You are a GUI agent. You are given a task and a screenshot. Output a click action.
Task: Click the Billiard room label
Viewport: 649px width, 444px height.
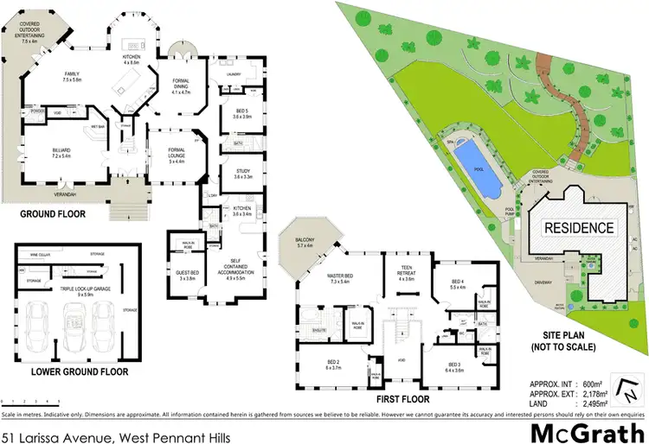point(65,152)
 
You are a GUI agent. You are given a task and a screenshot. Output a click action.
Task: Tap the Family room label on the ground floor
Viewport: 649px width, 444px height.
point(71,78)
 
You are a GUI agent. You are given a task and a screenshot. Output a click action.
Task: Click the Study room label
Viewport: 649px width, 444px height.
point(242,174)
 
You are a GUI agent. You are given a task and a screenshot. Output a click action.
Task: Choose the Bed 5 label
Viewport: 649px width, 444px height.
point(242,113)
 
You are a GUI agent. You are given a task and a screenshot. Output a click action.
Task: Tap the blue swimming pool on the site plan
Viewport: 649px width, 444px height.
point(477,168)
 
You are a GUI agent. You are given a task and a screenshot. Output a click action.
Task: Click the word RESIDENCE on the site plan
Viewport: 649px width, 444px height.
point(579,228)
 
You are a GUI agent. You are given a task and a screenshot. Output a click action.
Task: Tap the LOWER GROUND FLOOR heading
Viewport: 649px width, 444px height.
point(79,371)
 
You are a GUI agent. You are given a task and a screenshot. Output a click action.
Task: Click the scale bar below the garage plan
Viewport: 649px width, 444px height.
point(30,400)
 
